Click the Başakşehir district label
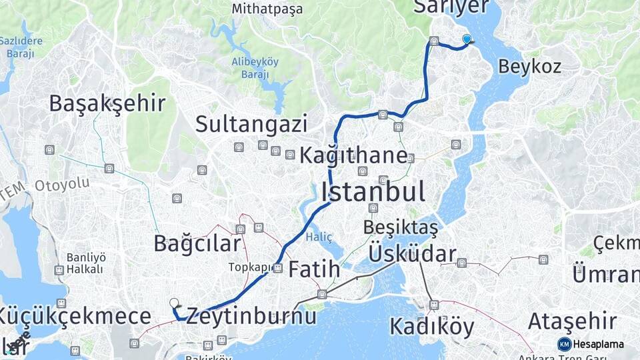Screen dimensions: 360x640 coord(107,103)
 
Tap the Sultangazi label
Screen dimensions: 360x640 coord(251,124)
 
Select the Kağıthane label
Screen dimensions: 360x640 coord(353,156)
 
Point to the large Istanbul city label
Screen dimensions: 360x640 coord(373,192)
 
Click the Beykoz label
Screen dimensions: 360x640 coord(529,67)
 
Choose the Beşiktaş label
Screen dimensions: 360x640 coord(401,227)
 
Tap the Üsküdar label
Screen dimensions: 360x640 coord(412,254)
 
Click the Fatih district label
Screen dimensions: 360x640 coord(314,271)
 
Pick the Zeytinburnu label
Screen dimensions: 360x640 coord(251,315)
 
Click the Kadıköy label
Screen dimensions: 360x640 coord(432,327)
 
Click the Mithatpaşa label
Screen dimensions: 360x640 coord(267,9)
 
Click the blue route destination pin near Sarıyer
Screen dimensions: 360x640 coord(467,39)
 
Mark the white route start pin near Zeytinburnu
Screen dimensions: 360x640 coord(175,303)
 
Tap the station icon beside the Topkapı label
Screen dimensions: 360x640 coord(278,269)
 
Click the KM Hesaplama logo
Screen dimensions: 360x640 coord(591,344)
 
